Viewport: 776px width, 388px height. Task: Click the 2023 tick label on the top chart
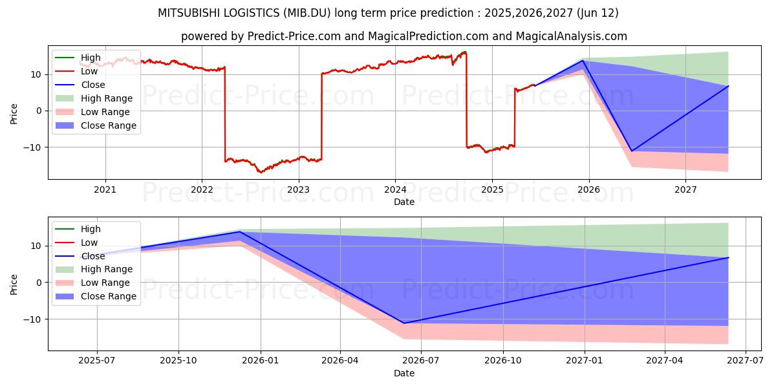click(298, 189)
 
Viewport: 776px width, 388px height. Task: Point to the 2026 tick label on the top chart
click(588, 189)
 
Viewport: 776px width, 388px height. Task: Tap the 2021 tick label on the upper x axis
click(105, 189)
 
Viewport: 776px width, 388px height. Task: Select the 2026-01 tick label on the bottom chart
click(261, 361)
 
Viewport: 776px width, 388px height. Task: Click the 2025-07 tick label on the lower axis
click(96, 361)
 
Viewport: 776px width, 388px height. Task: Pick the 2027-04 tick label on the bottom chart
click(665, 361)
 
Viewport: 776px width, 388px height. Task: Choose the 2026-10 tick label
click(503, 361)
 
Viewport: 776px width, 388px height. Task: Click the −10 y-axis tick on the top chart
click(32, 147)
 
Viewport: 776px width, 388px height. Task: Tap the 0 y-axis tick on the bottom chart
click(39, 283)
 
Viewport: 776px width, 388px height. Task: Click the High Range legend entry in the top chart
click(94, 98)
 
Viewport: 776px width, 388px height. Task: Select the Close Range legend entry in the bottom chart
click(96, 296)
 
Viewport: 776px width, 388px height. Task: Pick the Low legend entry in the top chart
click(76, 71)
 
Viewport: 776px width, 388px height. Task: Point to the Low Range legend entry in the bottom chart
click(92, 283)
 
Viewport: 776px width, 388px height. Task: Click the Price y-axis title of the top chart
click(14, 114)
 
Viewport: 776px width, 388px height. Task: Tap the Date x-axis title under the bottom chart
click(404, 373)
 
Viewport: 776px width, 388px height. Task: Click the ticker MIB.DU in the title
click(307, 13)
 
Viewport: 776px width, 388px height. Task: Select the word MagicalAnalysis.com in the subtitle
click(571, 36)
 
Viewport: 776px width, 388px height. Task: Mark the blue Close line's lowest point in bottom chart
click(404, 323)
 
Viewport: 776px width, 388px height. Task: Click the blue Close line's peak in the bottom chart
click(240, 232)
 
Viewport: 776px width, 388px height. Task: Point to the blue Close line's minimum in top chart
click(632, 151)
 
